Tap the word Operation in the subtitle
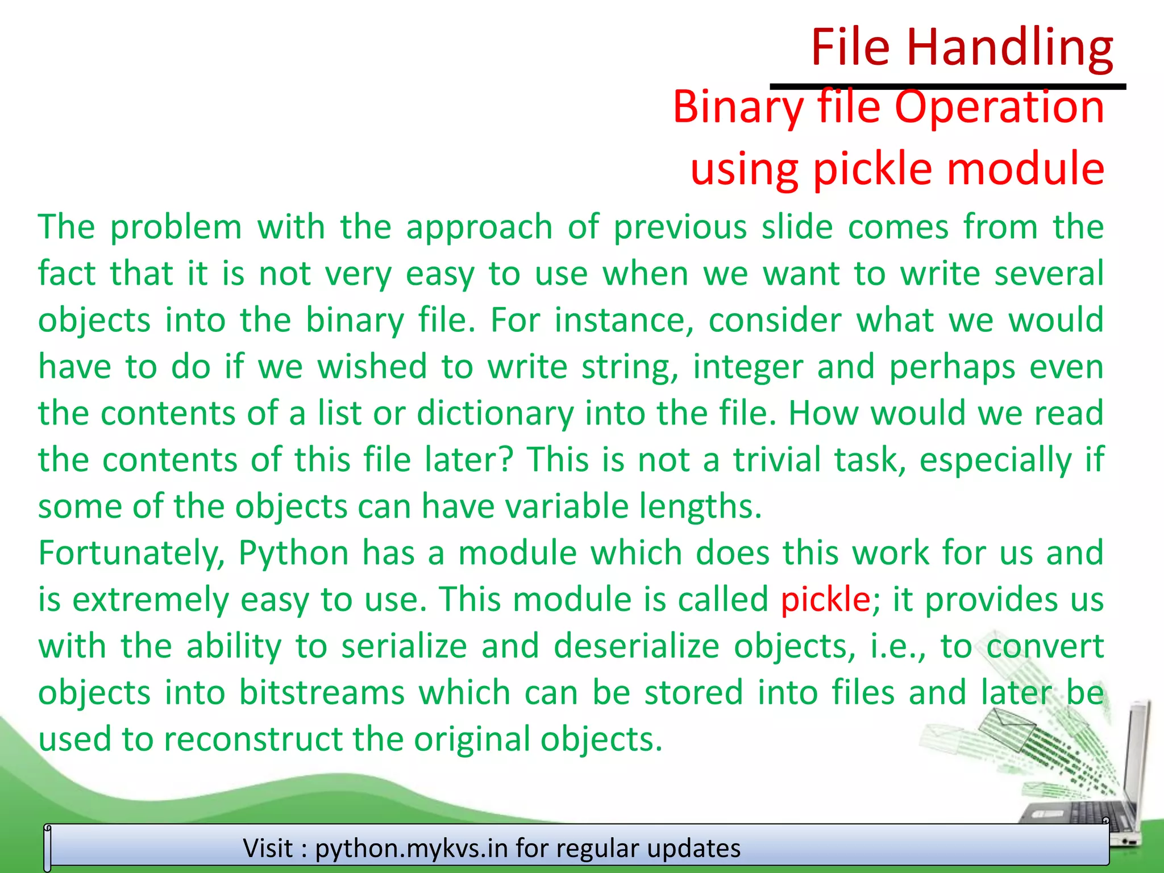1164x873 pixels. (999, 108)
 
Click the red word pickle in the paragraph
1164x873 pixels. (825, 600)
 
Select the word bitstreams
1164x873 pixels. (322, 693)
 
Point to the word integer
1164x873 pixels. (747, 367)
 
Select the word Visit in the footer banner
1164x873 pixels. (268, 849)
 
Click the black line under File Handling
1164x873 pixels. (947, 87)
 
